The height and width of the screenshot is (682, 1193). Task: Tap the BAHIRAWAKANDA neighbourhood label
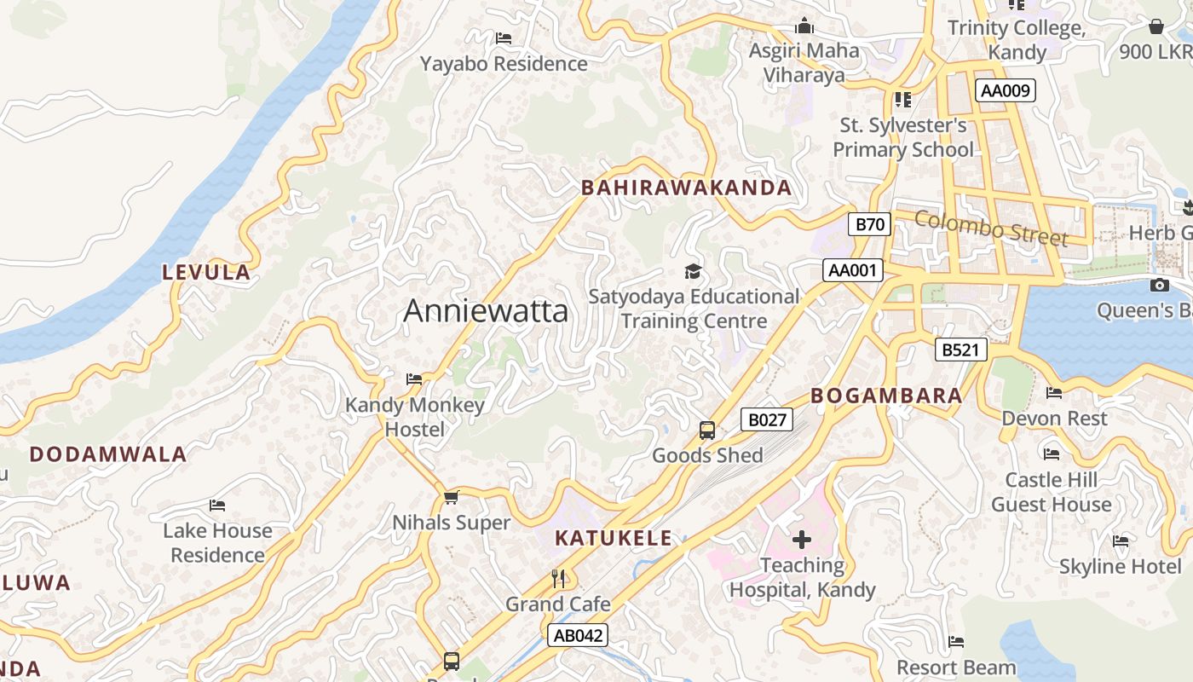click(x=686, y=188)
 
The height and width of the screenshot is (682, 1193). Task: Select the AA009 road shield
click(x=1006, y=91)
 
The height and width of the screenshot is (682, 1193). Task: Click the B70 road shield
click(x=869, y=224)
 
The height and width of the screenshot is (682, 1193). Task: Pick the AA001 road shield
click(x=853, y=270)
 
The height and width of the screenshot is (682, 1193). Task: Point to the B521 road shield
click(x=960, y=350)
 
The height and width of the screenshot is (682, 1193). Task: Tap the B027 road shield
click(x=767, y=419)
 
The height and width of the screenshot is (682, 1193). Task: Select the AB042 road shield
click(x=578, y=635)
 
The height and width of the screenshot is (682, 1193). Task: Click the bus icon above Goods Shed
click(x=707, y=431)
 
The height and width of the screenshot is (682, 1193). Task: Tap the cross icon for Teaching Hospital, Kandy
click(x=801, y=540)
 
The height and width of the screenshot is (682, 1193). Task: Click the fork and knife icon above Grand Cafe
click(x=558, y=579)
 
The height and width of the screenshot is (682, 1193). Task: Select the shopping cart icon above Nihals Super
click(x=451, y=497)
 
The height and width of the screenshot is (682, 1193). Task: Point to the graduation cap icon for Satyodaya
click(x=694, y=272)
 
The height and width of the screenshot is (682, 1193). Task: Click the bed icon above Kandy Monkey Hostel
click(x=414, y=379)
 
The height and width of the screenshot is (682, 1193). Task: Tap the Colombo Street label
click(x=990, y=228)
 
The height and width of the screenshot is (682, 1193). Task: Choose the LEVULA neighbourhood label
click(x=207, y=273)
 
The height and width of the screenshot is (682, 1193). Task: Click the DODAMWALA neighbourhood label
click(x=108, y=454)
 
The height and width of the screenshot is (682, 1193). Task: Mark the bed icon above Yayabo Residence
click(x=504, y=38)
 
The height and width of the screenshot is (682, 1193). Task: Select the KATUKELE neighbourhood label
click(x=614, y=539)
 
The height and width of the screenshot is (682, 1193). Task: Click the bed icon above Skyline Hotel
click(x=1120, y=541)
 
